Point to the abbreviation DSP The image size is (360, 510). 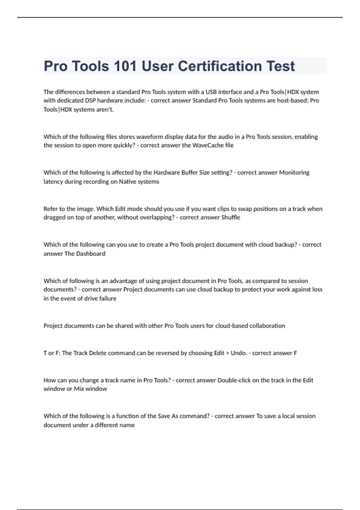pos(90,100)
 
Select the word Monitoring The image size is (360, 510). pos(294,172)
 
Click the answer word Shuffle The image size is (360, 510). pos(230,217)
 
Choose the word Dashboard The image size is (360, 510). pos(91,253)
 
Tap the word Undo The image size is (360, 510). pos(238,353)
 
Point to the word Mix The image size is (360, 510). pos(79,389)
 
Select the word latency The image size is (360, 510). pos(53,181)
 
